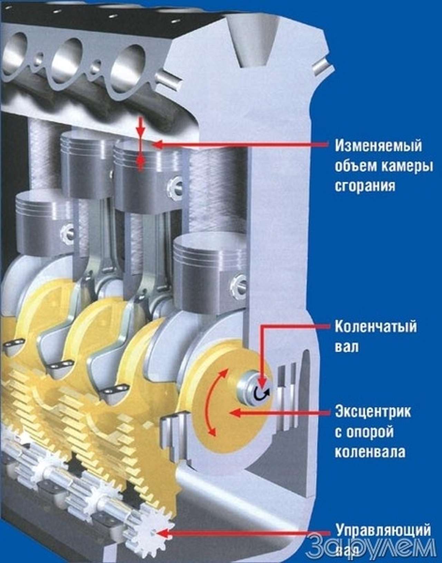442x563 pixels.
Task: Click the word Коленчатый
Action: click(x=376, y=327)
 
